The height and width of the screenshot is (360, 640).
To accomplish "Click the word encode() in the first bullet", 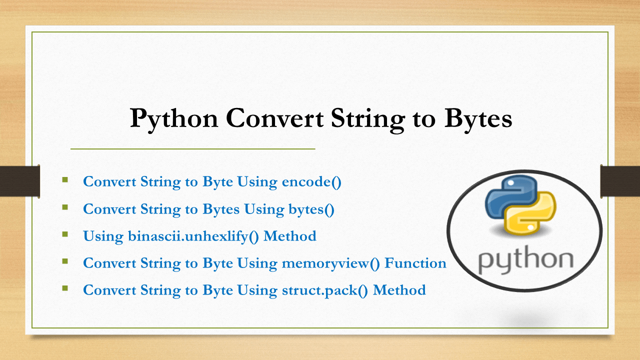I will pos(312,182).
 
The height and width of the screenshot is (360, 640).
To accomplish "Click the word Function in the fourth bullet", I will pos(415,263).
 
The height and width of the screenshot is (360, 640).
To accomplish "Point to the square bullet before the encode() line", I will pos(65,179).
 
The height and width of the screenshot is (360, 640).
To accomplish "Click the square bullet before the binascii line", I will pos(65,233).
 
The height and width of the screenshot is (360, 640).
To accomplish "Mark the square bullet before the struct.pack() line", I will pos(65,288).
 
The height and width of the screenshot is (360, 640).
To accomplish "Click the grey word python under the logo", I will pos(525,260).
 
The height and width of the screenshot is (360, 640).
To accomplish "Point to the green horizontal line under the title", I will pos(192,149).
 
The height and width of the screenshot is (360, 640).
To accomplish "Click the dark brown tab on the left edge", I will pos(19,180).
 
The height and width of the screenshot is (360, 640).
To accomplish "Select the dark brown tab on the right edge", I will pos(620,180).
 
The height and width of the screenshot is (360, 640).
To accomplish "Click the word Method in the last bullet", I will pos(399,290).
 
